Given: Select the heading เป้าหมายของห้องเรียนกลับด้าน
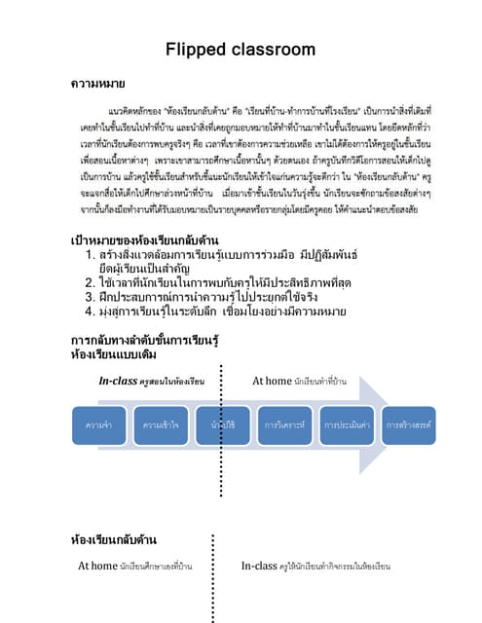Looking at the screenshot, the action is [143, 239].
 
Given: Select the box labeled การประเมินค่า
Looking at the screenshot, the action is [347, 425].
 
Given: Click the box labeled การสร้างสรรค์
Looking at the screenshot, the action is [408, 425].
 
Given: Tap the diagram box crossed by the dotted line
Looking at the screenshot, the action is [223, 425].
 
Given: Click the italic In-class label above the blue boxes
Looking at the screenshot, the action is [118, 381].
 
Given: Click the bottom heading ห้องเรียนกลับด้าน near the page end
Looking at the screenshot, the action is [115, 537].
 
